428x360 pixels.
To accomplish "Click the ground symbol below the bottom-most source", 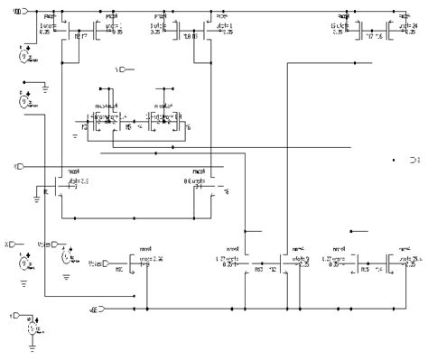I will [33, 347].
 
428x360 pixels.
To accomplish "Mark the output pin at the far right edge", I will [414, 160].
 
